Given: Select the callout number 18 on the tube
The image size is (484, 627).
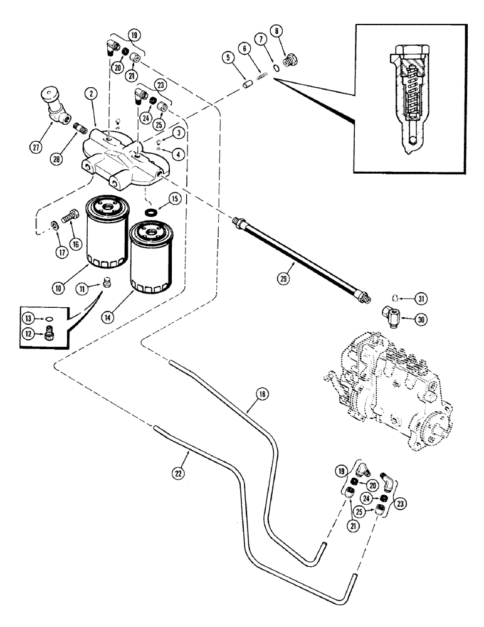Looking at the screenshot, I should pos(261,394).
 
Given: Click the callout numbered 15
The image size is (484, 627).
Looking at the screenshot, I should pos(173,200).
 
